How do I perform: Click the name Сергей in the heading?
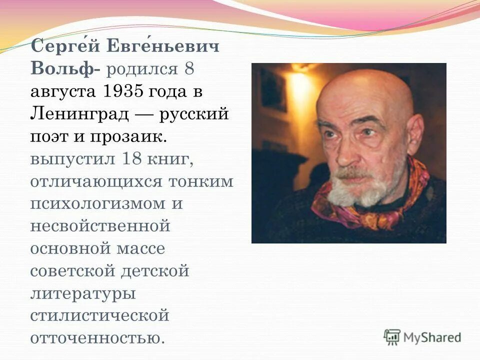[x=63, y=48]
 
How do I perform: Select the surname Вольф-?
[x=64, y=70]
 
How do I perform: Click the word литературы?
[x=83, y=293]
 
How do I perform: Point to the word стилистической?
[x=99, y=316]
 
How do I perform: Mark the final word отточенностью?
[x=97, y=338]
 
